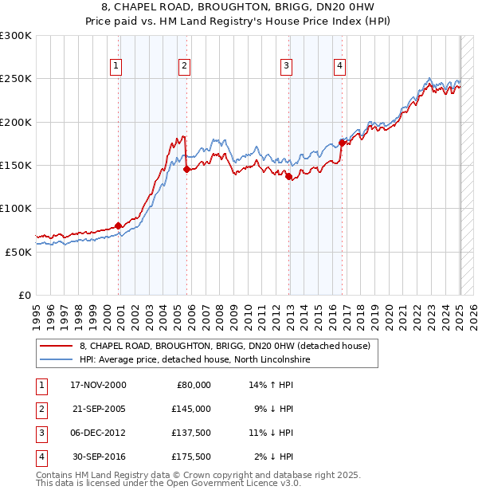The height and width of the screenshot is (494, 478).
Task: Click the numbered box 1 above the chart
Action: (116, 66)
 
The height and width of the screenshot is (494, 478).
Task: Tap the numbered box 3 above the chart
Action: (286, 66)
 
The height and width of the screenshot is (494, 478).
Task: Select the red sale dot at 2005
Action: (186, 169)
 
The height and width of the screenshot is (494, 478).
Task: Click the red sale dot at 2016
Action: (342, 143)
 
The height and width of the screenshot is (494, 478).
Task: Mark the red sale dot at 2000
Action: (119, 225)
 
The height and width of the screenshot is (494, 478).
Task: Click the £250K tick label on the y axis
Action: (16, 79)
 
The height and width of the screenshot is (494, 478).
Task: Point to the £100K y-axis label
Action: (16, 208)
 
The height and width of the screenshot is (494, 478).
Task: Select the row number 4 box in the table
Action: (40, 457)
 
